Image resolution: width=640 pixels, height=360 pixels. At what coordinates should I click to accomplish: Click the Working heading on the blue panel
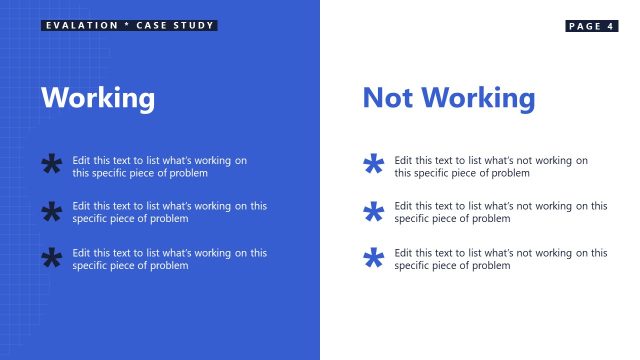[x=98, y=98]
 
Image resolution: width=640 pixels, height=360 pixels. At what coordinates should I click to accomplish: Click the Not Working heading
[x=448, y=98]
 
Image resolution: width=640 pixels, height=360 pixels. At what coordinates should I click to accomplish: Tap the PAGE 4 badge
[x=591, y=26]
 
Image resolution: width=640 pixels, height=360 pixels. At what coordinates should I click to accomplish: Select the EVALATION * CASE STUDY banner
[x=130, y=25]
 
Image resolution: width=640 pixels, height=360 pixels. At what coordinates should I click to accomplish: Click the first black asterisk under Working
[x=51, y=165]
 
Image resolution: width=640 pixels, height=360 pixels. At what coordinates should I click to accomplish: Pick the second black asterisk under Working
[x=51, y=212]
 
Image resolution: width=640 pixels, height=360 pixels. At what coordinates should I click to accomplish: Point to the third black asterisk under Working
[x=51, y=258]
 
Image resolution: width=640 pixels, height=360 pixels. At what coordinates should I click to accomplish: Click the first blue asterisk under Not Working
[x=373, y=165]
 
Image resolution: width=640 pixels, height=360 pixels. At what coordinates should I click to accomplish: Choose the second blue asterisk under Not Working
[x=373, y=212]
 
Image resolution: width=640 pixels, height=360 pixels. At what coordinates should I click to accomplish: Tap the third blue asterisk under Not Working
[x=373, y=259]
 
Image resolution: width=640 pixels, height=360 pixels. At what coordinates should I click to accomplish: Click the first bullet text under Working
[x=160, y=166]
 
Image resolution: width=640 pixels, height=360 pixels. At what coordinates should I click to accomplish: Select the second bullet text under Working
[x=169, y=212]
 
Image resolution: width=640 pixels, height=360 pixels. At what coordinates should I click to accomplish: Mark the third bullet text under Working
[x=169, y=259]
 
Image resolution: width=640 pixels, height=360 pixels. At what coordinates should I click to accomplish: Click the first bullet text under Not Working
[x=491, y=166]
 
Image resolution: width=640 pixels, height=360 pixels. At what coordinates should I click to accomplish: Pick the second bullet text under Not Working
[x=500, y=212]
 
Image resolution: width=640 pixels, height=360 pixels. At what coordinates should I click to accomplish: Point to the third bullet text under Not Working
[x=500, y=259]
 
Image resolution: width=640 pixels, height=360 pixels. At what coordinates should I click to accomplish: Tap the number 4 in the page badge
[x=610, y=26]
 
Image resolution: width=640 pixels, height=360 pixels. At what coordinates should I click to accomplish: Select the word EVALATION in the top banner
[x=79, y=25]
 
